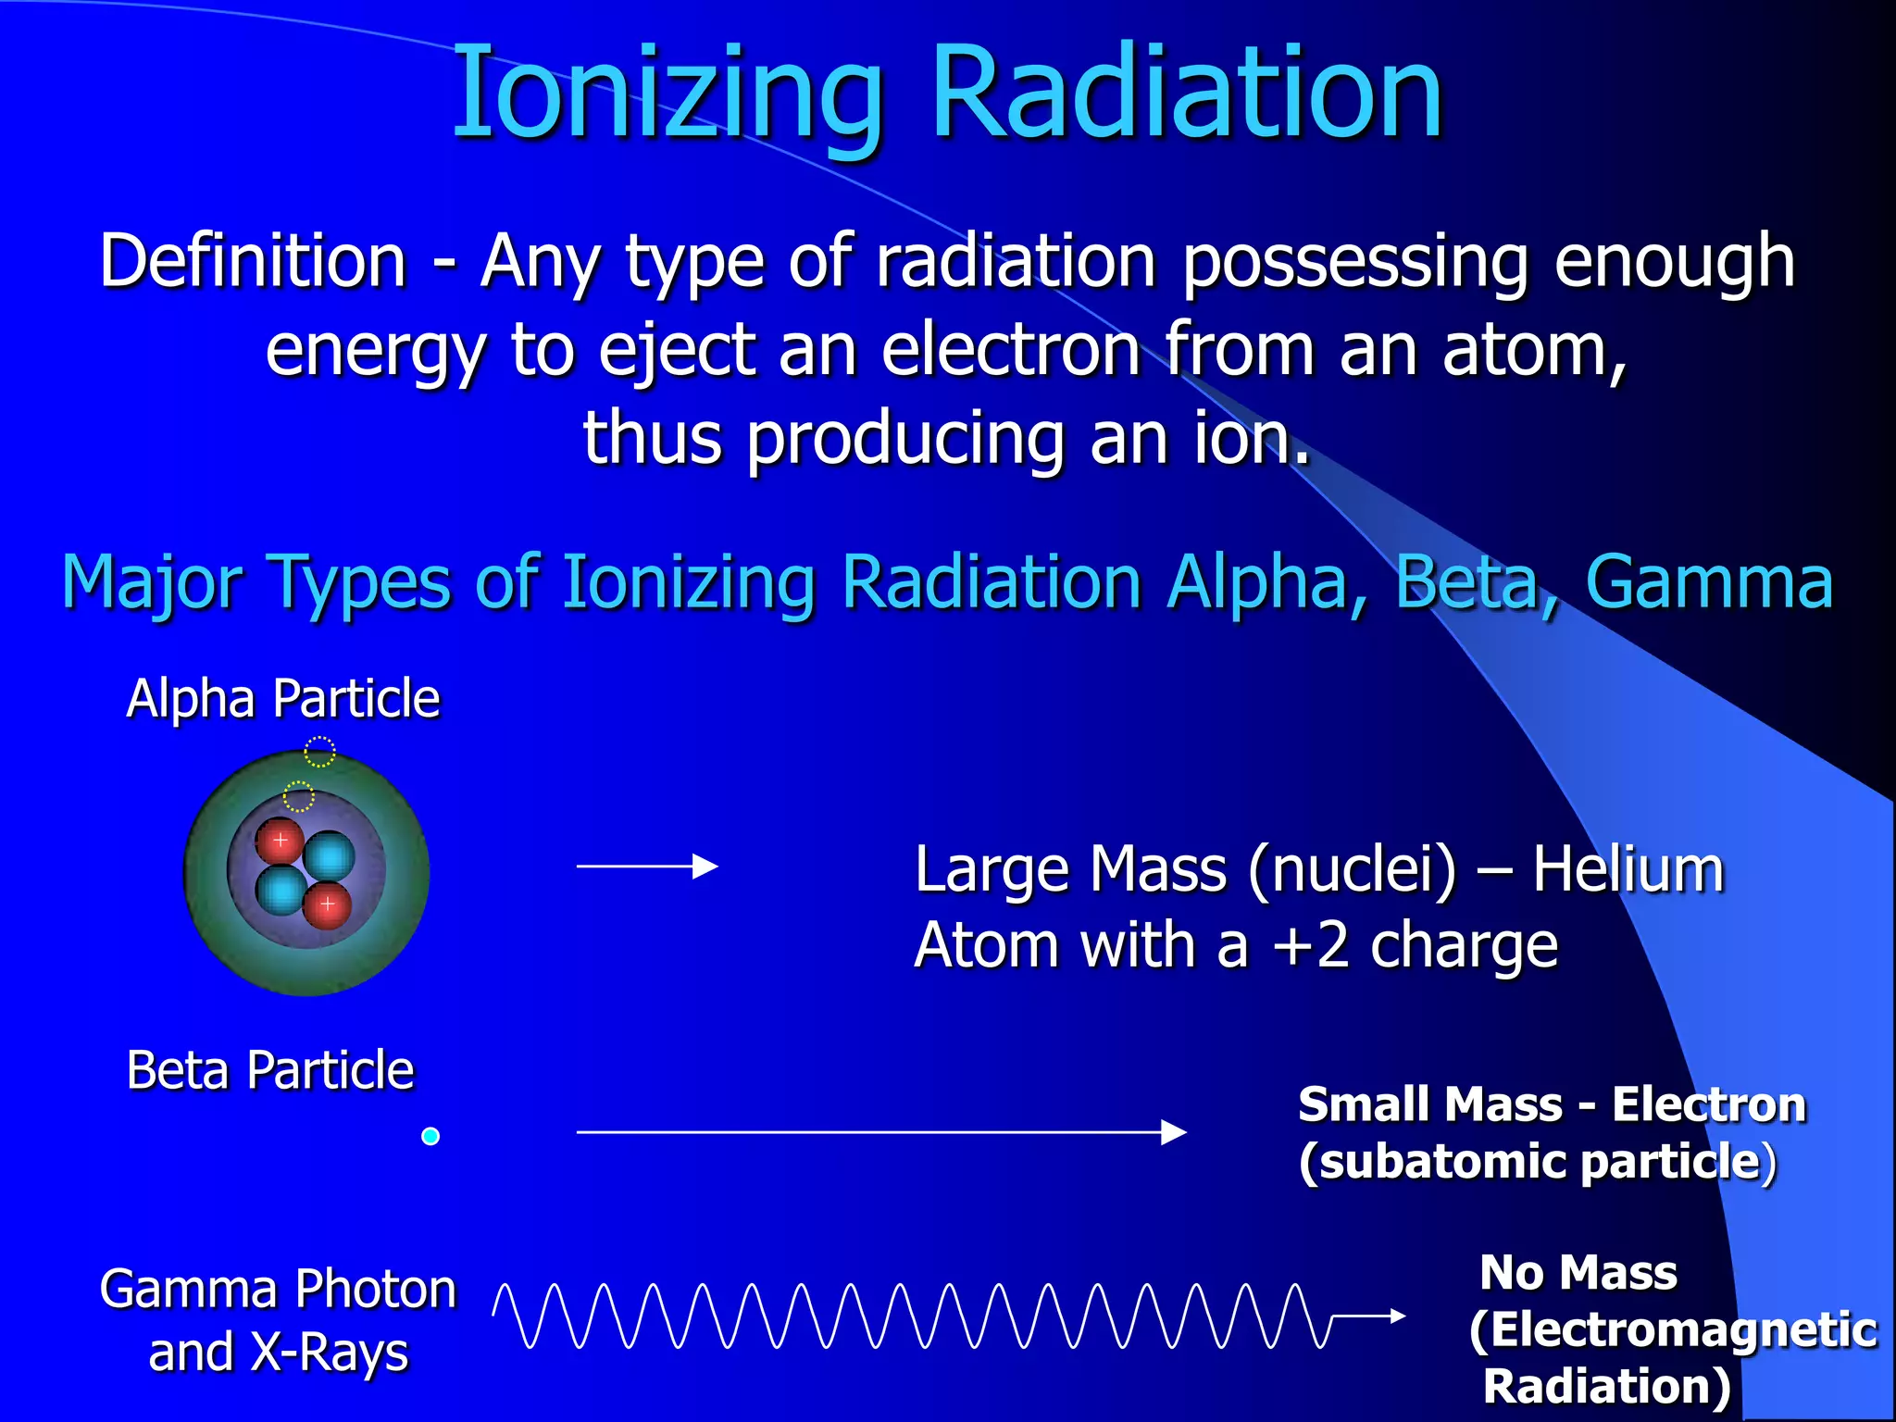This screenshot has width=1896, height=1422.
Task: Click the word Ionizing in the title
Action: (x=667, y=93)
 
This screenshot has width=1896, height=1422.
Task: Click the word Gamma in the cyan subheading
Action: (x=1709, y=581)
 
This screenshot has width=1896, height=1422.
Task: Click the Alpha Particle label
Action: (x=283, y=698)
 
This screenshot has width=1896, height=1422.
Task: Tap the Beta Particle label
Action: (x=270, y=1070)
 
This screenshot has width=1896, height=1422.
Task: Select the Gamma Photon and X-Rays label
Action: (x=278, y=1320)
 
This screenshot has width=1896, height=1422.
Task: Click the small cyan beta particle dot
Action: (x=430, y=1136)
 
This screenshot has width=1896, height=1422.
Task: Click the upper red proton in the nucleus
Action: (x=280, y=841)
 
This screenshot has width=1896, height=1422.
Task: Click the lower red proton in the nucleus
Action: (x=328, y=904)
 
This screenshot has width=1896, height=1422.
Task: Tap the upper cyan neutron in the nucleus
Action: (x=329, y=855)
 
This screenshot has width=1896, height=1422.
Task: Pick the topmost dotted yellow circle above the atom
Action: (x=319, y=752)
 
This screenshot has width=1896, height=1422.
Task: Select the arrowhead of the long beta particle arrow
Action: (x=1174, y=1132)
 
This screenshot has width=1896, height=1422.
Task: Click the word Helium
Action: (x=1628, y=870)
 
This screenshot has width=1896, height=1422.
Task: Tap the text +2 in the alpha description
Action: (x=1311, y=946)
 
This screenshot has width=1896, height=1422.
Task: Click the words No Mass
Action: (x=1578, y=1272)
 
